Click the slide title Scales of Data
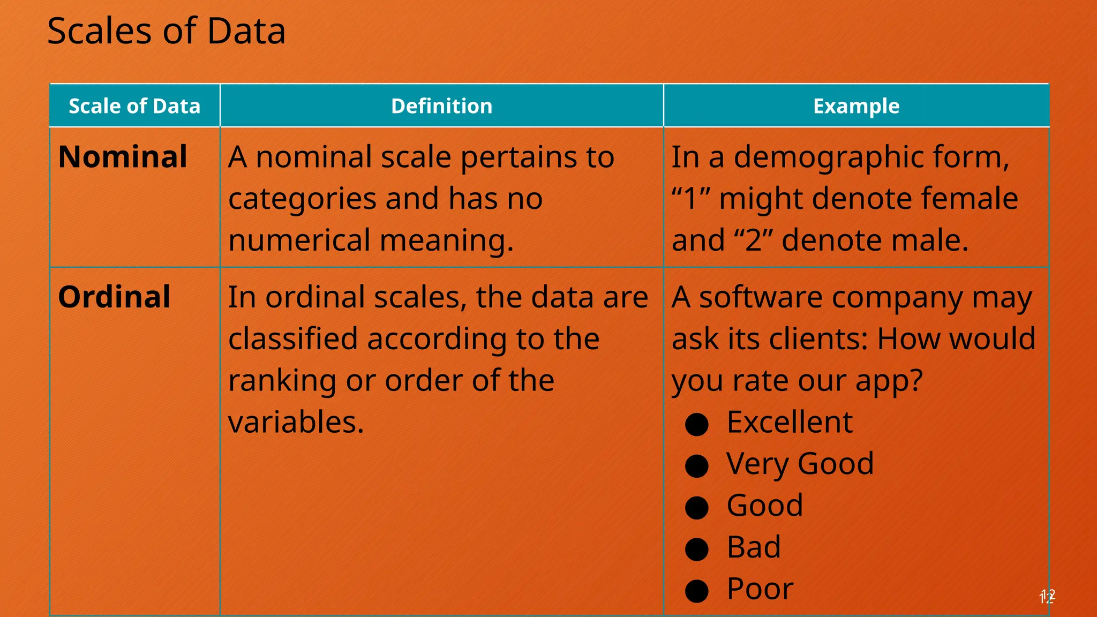tap(166, 31)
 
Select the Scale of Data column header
tap(134, 106)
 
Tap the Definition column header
tap(441, 106)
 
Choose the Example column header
tap(856, 106)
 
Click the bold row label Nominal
tap(123, 157)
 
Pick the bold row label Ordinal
tap(114, 297)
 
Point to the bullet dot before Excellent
tap(697, 424)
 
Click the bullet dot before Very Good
tap(697, 465)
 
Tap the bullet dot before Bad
tap(697, 549)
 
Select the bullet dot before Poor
tap(697, 591)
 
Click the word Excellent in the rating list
tap(790, 422)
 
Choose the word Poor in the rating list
tap(760, 589)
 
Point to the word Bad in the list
tap(754, 547)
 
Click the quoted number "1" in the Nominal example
tap(691, 199)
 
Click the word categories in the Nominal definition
tap(302, 199)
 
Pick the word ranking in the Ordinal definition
tap(282, 381)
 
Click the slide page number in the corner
tap(1047, 597)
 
